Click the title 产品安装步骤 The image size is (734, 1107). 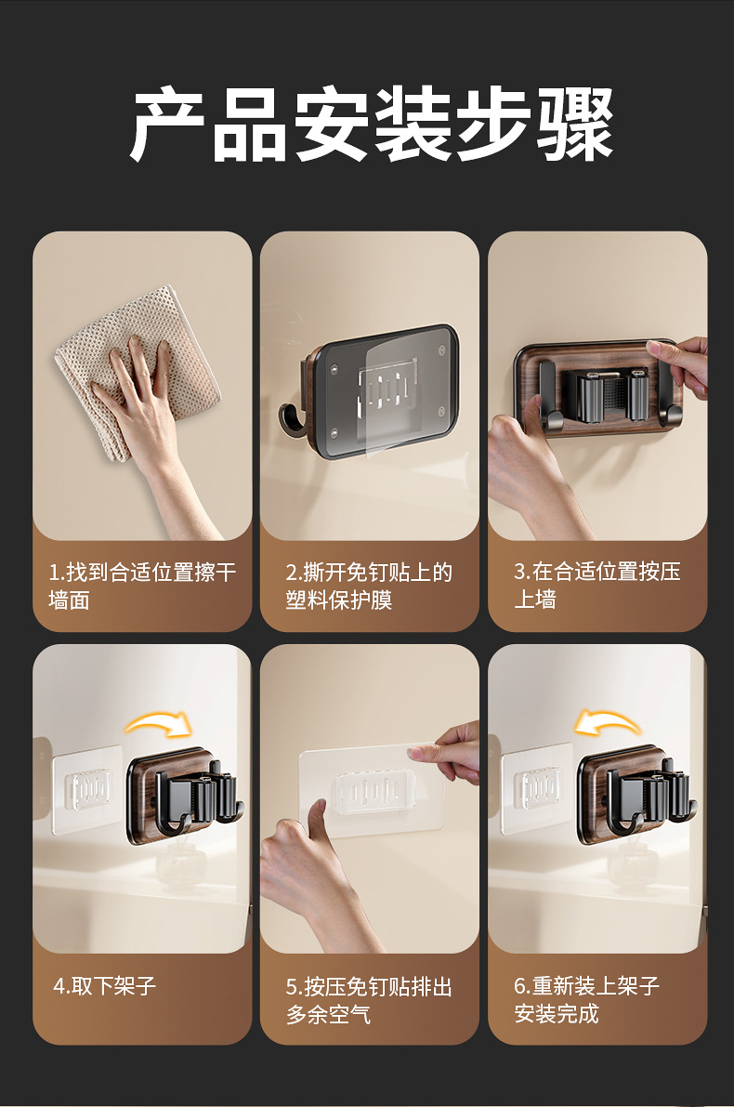tap(372, 125)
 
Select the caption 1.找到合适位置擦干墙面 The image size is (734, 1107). tap(142, 586)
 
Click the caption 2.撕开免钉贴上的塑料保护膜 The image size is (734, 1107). tap(369, 586)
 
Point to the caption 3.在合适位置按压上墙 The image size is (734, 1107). tap(597, 586)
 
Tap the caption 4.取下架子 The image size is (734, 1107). tap(104, 985)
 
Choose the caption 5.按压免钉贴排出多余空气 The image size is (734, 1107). tap(369, 1000)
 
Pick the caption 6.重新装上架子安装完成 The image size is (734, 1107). tap(586, 1000)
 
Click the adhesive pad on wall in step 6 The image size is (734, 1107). tap(535, 788)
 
